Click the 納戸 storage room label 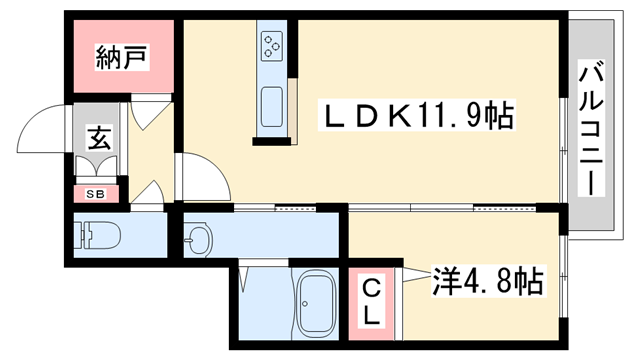(x=123, y=57)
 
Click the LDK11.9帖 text (x=416, y=117)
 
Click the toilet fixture (x=98, y=238)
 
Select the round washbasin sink (x=200, y=240)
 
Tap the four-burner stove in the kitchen (x=272, y=45)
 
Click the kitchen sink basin (x=272, y=105)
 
